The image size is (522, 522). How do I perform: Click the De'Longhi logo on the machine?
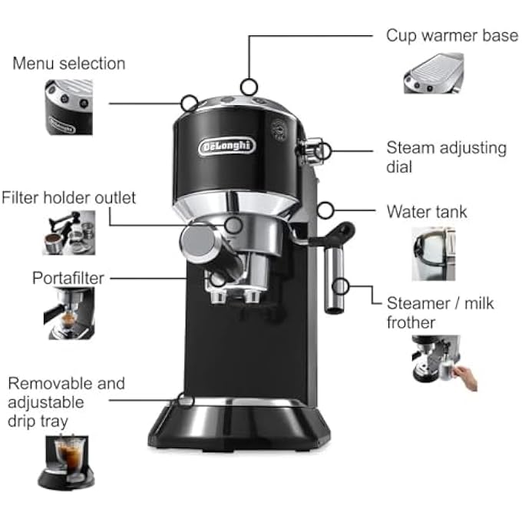(x=226, y=146)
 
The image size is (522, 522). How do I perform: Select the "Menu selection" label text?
(x=68, y=63)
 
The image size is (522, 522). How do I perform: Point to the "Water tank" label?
(x=426, y=211)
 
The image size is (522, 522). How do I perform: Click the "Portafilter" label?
(x=68, y=277)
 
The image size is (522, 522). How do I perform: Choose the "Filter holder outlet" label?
(x=68, y=198)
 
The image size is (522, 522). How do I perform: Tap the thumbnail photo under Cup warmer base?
(x=433, y=74)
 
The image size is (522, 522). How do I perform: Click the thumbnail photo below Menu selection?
(x=68, y=107)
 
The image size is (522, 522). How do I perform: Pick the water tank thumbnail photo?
(x=433, y=253)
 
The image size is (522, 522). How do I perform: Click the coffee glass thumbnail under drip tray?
(x=69, y=461)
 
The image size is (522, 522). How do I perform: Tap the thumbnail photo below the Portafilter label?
(x=68, y=313)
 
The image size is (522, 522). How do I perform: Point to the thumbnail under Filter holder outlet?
(x=68, y=232)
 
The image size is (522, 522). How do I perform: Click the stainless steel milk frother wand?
(x=333, y=284)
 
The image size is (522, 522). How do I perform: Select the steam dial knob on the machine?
(x=310, y=150)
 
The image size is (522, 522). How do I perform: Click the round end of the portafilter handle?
(x=196, y=244)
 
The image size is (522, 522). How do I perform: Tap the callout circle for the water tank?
(x=325, y=209)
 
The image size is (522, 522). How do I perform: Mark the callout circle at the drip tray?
(x=185, y=399)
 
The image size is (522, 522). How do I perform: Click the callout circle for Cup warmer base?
(x=247, y=86)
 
